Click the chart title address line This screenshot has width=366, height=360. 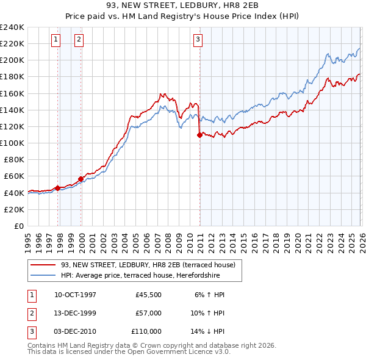pos(182,7)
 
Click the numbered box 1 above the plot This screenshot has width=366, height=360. pos(56,40)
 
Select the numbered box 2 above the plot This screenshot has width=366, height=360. pos(79,40)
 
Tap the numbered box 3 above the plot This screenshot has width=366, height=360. pos(198,40)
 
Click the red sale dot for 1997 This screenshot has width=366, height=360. pos(58,188)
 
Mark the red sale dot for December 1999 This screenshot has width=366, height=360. pos(81,179)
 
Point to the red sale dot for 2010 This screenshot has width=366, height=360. pos(199,135)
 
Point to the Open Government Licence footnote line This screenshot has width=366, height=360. pos(129,352)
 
